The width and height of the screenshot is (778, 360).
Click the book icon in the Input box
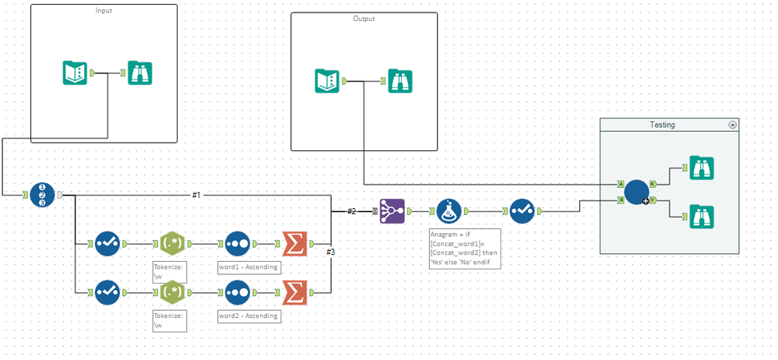[x=76, y=73]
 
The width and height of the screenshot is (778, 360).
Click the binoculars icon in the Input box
[x=139, y=73]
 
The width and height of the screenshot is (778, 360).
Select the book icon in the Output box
[x=327, y=81]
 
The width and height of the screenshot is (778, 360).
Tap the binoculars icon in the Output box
[x=400, y=81]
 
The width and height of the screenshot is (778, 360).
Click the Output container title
[x=363, y=19]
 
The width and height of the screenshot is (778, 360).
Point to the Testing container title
[x=662, y=125]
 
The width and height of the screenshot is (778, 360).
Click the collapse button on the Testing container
[x=732, y=125]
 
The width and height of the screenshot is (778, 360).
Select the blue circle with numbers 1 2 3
[x=43, y=194]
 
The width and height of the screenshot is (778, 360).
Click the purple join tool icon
[x=393, y=210]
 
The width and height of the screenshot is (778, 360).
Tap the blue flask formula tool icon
[x=449, y=210]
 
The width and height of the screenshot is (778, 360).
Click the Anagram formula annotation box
[x=465, y=248]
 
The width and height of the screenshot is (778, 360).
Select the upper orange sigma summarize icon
[x=294, y=243]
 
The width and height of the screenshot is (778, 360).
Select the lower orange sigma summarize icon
[x=294, y=292]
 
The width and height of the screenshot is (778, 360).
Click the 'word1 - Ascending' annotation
[x=248, y=267]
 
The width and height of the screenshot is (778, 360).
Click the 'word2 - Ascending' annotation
[x=248, y=316]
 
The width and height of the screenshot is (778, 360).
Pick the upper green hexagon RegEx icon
[x=172, y=243]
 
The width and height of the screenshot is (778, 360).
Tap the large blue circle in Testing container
[x=636, y=192]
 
